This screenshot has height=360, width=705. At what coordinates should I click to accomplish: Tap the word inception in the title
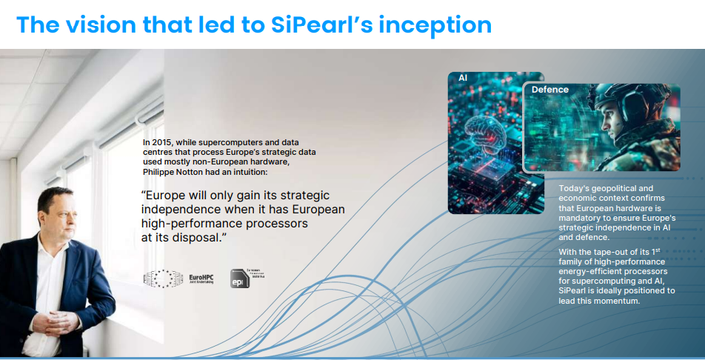(x=439, y=24)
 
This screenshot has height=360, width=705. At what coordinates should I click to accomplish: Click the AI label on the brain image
(x=463, y=77)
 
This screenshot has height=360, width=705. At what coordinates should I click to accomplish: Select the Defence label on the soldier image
(x=550, y=90)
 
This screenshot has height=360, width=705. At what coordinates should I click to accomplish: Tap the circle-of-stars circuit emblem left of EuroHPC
(x=163, y=279)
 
